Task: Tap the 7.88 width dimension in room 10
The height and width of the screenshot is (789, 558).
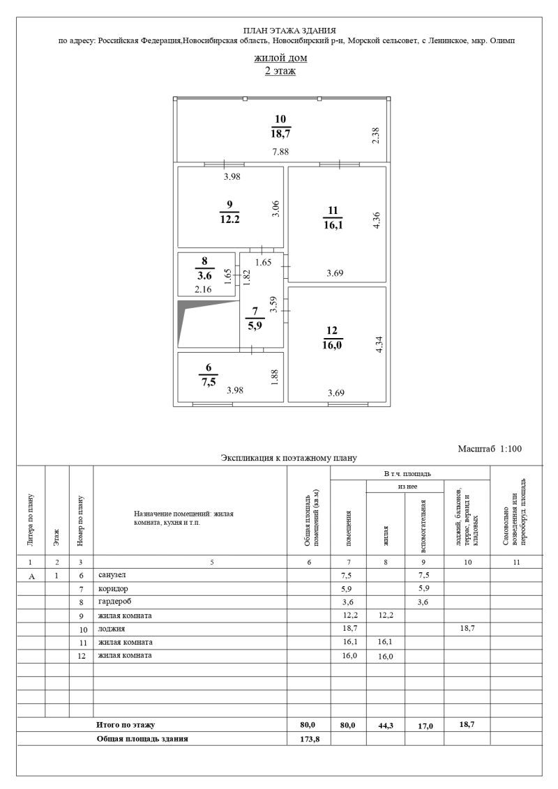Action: pos(280,151)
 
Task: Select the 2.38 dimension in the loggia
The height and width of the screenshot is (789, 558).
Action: pos(375,136)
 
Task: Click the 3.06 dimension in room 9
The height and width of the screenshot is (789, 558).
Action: pos(275,209)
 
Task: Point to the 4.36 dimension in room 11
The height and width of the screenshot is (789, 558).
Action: pos(378,220)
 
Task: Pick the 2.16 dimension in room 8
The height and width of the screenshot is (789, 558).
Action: pos(203,289)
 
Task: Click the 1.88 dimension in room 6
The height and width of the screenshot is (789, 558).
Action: pos(275,378)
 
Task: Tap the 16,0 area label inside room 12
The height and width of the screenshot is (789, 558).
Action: pos(331,345)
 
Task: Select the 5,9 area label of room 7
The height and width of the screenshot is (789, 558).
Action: pos(255,325)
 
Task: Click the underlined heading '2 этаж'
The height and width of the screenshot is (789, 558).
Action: pos(280,70)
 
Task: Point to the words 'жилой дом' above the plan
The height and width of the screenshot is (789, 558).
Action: pos(280,58)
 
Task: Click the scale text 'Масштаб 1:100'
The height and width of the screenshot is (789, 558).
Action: pos(490,448)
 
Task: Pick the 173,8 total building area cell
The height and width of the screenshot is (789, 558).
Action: pos(309,739)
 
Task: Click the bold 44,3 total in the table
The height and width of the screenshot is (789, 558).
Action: pos(386,726)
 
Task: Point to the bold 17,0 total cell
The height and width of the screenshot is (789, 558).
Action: pos(424,726)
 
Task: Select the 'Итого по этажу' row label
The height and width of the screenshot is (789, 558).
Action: pos(126,725)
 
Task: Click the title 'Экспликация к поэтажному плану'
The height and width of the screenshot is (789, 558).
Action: pos(289,458)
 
